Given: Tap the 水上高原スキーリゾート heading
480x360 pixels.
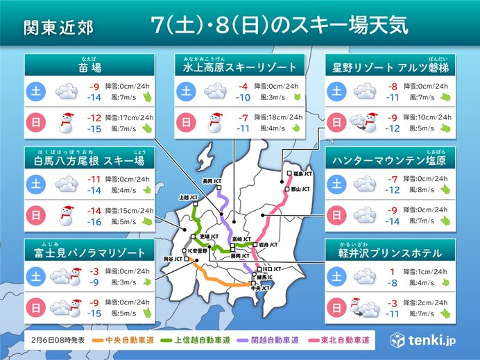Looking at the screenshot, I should coord(240,67).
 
